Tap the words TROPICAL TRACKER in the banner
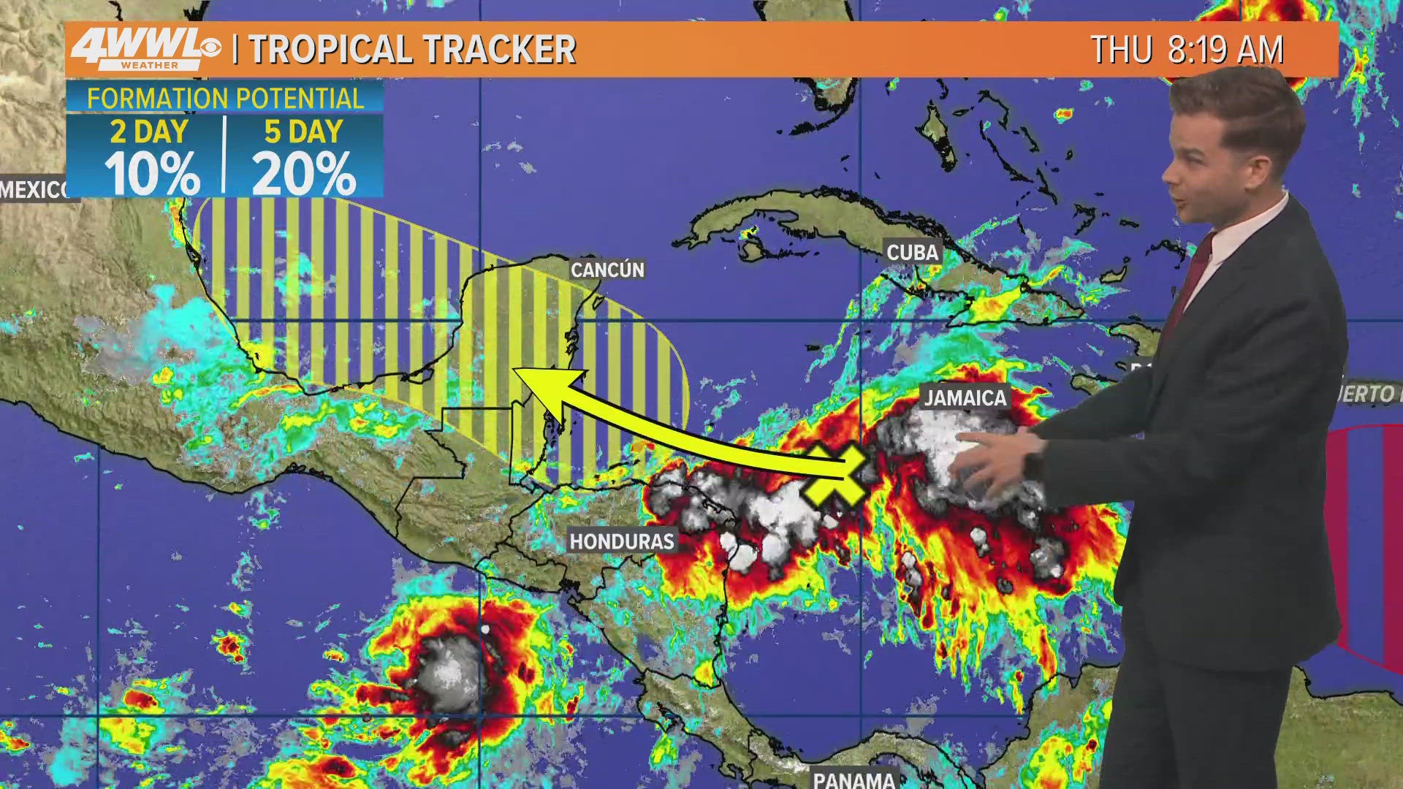413,50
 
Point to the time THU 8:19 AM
1187,50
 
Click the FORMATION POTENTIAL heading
225,98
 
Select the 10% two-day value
151,174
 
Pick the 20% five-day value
304,174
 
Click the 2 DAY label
150,132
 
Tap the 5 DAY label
304,132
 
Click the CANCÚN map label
607,270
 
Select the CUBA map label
912,252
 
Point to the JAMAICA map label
965,397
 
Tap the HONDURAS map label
622,541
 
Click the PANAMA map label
853,780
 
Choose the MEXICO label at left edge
35,190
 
